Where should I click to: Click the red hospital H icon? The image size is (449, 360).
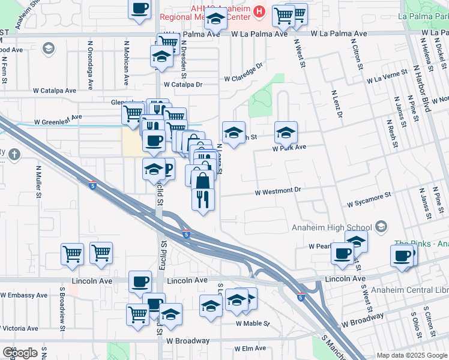259,11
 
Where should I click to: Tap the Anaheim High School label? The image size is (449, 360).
331,227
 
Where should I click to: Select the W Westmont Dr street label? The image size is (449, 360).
277,191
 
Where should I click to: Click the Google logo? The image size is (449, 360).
20,353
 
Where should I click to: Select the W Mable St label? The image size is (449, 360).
253,323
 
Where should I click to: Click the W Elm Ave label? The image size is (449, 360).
250,348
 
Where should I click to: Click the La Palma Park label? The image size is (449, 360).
426,16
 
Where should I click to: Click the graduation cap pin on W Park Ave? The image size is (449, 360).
286,131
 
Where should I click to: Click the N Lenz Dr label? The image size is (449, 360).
336,104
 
